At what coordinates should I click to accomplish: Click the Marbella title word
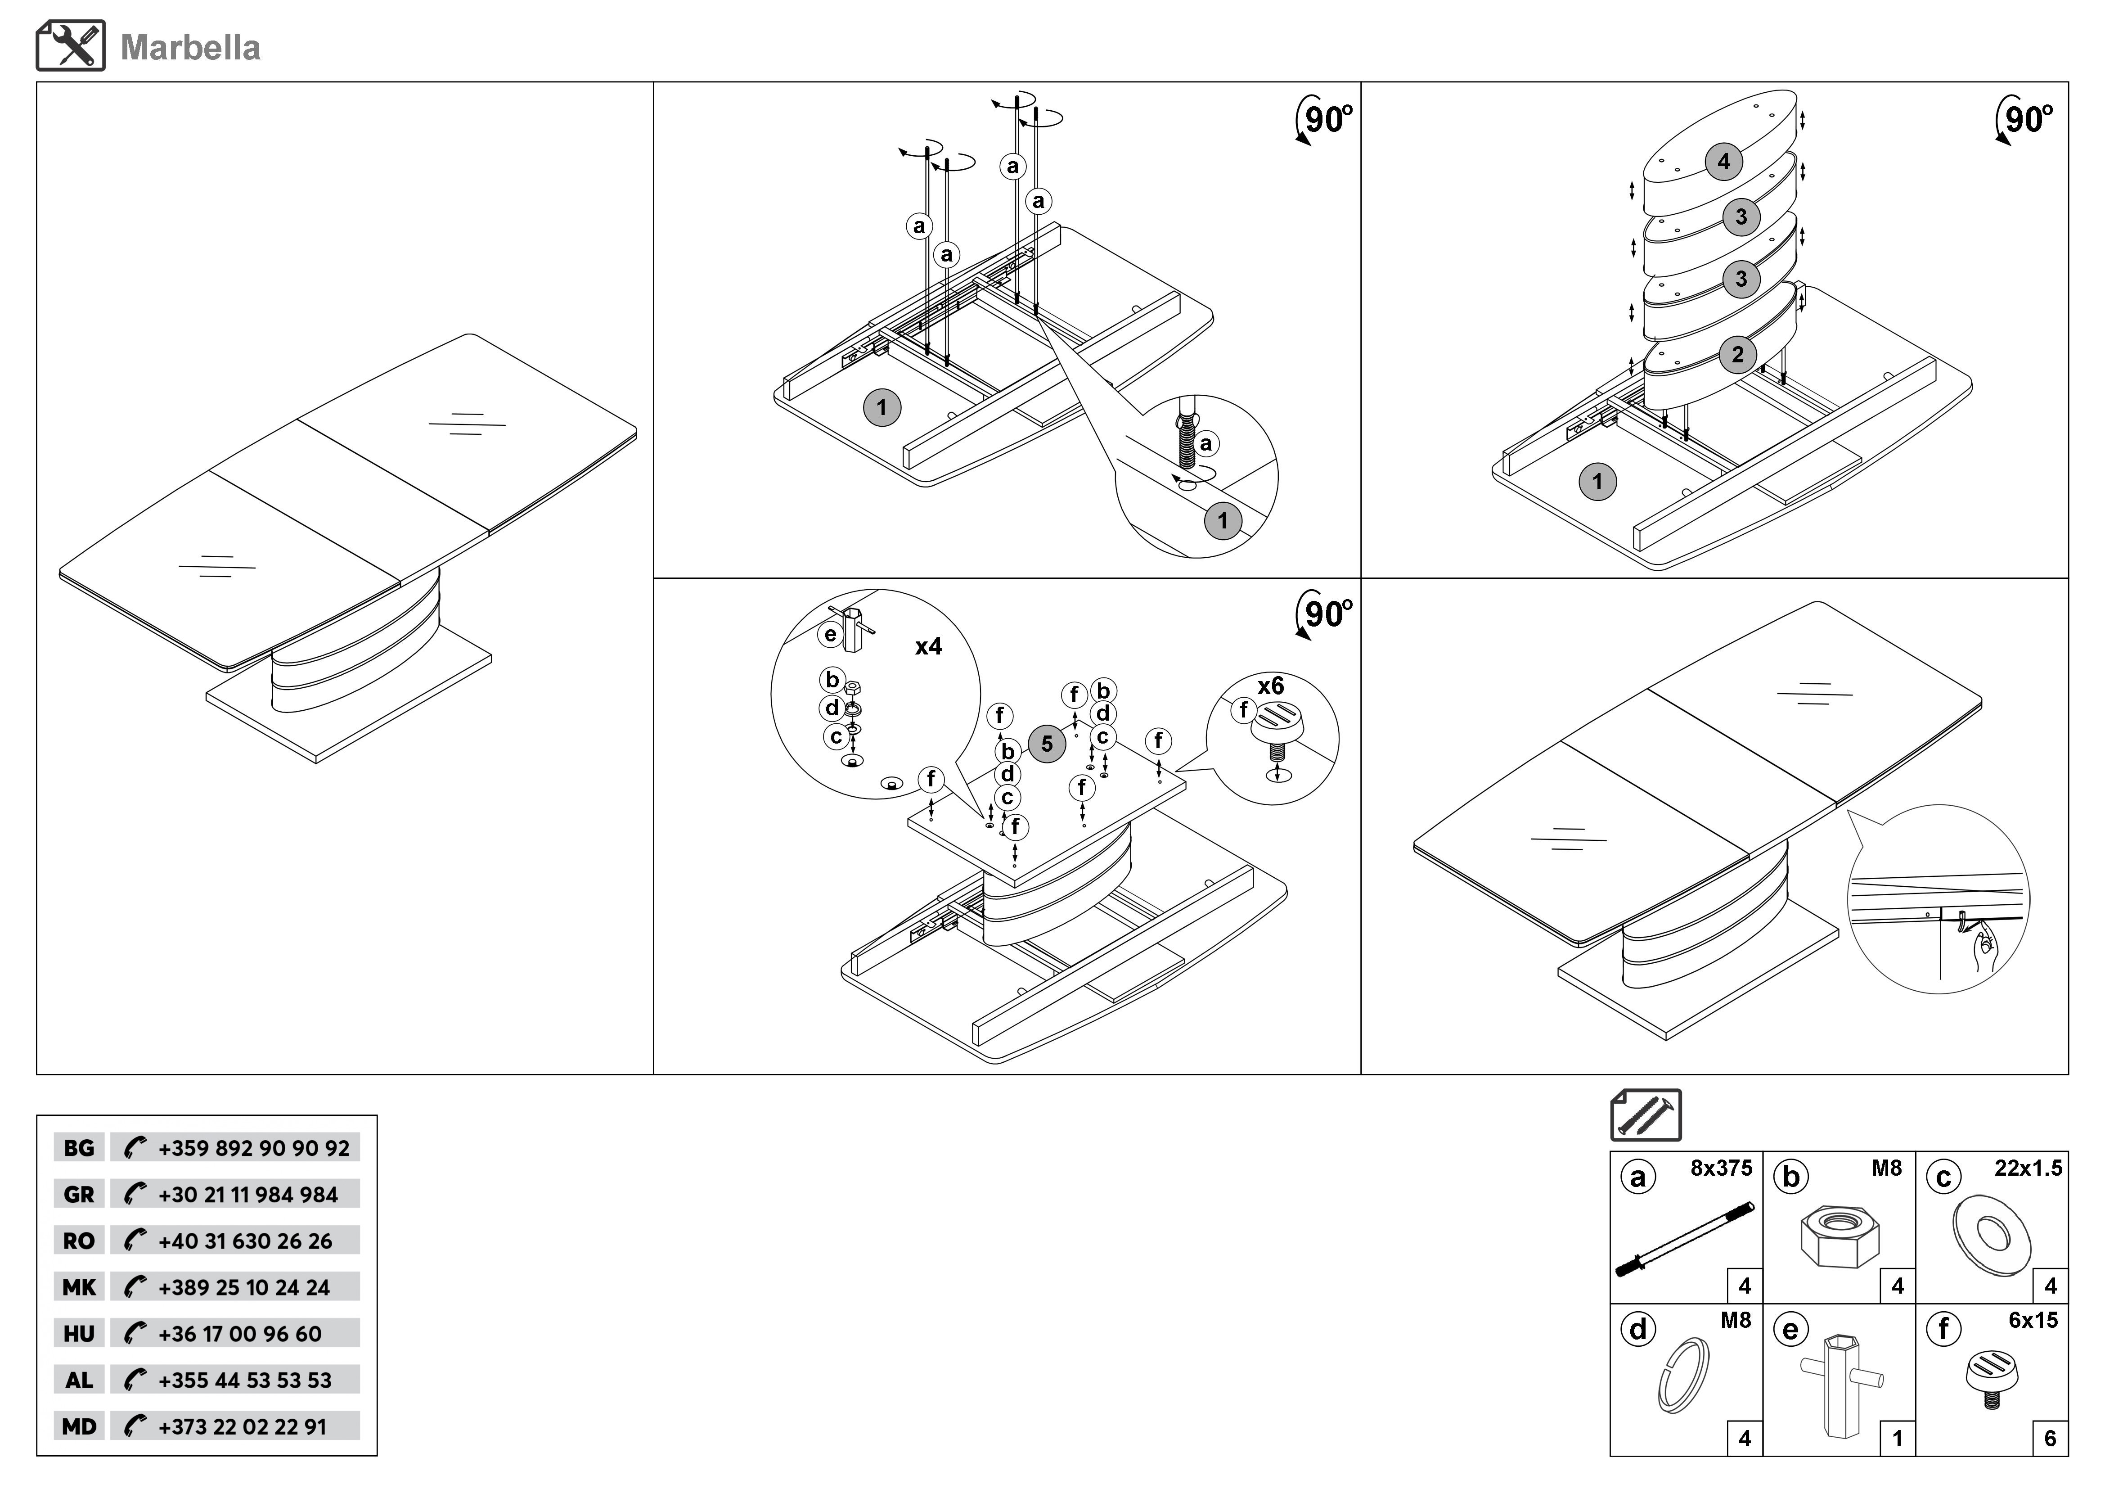(x=191, y=48)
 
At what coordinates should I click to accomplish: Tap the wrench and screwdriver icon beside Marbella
(x=71, y=46)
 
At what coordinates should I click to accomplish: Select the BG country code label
(x=79, y=1148)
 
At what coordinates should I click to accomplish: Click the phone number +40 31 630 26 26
(x=246, y=1241)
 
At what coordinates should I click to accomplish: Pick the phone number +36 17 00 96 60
(x=240, y=1334)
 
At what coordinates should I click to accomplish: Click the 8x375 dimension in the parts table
(x=1721, y=1168)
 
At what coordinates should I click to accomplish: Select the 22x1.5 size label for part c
(x=2028, y=1168)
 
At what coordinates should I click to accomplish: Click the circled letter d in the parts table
(x=1637, y=1330)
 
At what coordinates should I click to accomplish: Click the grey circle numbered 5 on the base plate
(x=1047, y=744)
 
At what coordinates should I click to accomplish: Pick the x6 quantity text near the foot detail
(x=1271, y=686)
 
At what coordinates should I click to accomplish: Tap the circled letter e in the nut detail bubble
(x=831, y=635)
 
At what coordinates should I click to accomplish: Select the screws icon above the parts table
(x=1646, y=1115)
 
